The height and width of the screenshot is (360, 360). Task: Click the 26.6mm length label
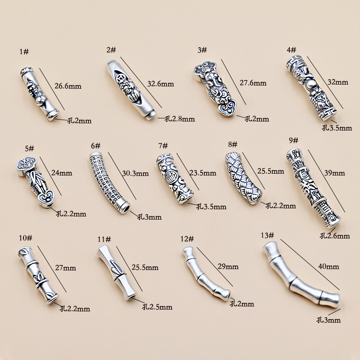[x=67, y=86]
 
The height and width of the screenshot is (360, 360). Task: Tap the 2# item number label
[x=111, y=49]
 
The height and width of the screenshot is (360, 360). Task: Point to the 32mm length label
[x=338, y=82]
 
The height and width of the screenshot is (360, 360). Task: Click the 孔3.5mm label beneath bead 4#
[x=337, y=128]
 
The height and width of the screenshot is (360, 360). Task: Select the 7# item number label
[x=163, y=145]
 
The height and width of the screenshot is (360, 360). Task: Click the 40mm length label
[x=328, y=266]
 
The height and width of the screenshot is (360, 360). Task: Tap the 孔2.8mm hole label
[x=180, y=119]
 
